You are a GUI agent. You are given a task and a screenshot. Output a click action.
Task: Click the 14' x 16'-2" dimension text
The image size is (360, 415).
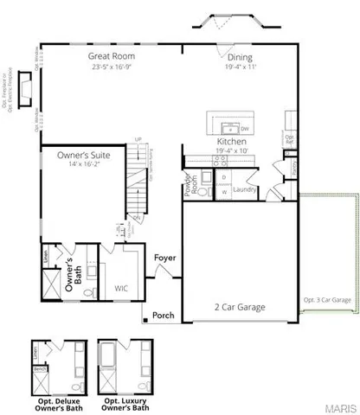[x=81, y=165]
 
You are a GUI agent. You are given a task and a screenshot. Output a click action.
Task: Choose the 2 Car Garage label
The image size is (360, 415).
[x=240, y=306]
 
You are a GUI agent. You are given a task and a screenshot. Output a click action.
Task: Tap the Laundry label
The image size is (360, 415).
[x=242, y=188]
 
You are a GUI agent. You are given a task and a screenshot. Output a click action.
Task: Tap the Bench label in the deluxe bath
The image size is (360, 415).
[x=38, y=367]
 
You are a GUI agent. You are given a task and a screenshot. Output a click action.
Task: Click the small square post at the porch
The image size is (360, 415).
[x=146, y=322]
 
